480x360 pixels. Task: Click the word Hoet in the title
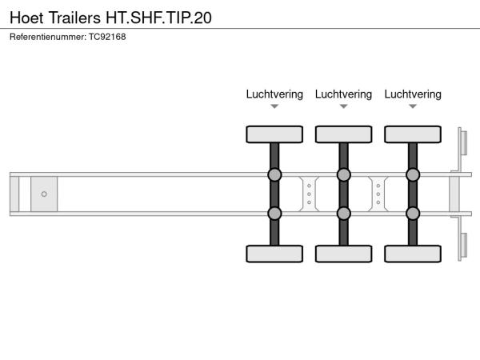26,18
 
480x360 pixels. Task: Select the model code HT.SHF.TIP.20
158,18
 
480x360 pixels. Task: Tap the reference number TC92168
107,37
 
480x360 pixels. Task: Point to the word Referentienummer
48,37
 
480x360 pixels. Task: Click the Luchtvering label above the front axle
274,94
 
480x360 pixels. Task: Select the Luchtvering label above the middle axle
343,94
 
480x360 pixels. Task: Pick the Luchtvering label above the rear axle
413,94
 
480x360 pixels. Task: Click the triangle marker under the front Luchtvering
274,106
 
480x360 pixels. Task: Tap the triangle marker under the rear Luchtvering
413,106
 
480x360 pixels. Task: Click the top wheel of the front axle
274,134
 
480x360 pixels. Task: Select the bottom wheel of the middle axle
343,254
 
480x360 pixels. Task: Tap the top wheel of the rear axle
413,134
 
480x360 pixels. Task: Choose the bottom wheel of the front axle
274,254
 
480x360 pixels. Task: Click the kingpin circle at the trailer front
44,194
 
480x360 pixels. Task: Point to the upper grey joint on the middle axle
343,174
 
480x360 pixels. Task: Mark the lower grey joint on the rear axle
413,214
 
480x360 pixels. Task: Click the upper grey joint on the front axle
274,174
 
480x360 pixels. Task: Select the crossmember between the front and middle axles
309,194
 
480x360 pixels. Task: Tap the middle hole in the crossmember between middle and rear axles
378,194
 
